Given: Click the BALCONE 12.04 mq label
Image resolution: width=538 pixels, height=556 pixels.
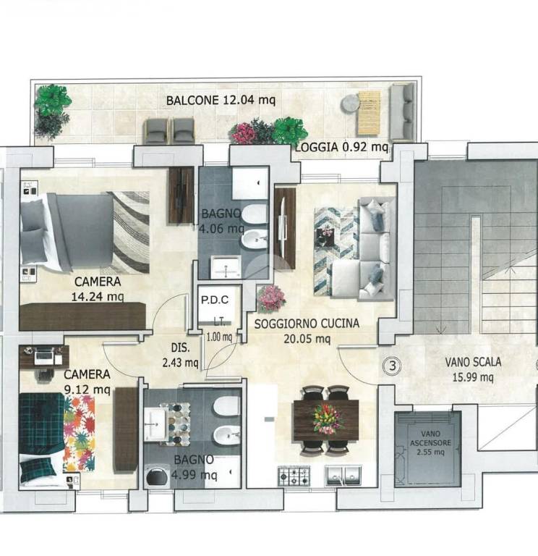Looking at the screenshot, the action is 221,100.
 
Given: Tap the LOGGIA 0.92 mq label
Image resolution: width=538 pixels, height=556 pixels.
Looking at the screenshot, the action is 342,146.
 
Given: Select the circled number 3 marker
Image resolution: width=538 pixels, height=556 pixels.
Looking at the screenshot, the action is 393,366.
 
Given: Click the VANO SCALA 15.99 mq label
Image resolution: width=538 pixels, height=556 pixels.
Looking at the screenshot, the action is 473,369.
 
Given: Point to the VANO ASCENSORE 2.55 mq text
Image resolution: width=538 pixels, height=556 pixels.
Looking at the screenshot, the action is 431,443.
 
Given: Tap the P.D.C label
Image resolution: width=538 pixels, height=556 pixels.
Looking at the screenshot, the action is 215,300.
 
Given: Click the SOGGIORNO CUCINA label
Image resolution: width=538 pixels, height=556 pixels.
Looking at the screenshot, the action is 307,324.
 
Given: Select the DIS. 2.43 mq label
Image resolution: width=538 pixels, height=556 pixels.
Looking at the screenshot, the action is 180,355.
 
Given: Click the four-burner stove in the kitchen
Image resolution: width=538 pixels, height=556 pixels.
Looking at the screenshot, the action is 294,476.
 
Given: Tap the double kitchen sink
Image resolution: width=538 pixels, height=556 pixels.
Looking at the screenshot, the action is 343,476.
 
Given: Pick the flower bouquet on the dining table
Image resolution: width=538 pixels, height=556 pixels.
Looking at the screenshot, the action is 327,419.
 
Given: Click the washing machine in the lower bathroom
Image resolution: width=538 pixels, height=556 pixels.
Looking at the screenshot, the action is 156,477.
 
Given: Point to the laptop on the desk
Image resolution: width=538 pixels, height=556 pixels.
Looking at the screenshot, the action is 44,356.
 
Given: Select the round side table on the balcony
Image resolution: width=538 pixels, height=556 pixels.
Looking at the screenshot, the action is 351,104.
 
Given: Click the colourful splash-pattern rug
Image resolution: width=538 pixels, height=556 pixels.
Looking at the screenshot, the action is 79,434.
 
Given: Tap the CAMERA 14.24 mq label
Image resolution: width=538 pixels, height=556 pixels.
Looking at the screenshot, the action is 98,289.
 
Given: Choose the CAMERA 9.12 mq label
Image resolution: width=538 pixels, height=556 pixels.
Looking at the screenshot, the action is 87,382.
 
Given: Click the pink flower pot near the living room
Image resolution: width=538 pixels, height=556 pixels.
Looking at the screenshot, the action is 271,298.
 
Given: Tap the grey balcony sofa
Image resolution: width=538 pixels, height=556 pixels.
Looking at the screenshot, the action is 402,111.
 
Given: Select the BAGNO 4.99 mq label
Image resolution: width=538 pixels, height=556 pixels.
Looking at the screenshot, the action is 194,467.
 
